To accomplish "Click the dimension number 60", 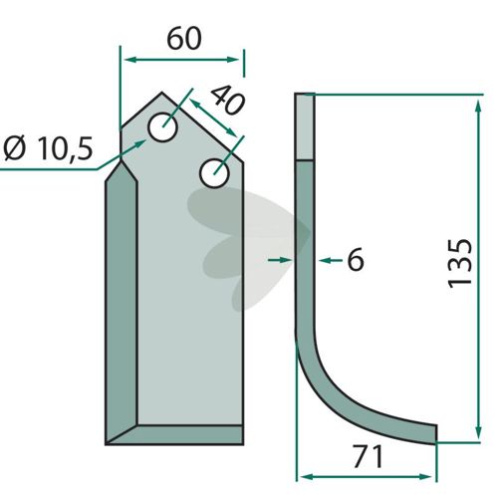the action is coord(184,39).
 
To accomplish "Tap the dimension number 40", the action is coord(228,100).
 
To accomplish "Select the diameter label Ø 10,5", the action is coord(48,147).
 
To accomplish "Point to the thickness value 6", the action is coord(356,259).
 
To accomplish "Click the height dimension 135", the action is coord(460,263).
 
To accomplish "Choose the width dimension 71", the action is coord(368,457).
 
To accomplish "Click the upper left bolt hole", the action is coord(162,127).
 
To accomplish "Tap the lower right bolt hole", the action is coord(214,173).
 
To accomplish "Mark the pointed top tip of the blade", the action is coord(162,93).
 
